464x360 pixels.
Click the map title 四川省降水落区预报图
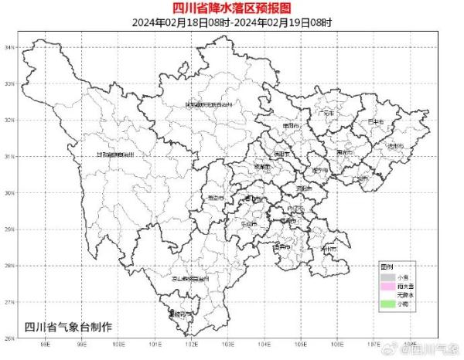click(232, 8)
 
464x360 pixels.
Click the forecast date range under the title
click(232, 22)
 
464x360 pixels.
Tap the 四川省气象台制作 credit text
click(69, 325)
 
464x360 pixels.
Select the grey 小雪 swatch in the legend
click(387, 276)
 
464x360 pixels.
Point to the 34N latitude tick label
click(9, 47)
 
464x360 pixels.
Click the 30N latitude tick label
click(9, 193)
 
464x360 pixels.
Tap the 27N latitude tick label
click(9, 302)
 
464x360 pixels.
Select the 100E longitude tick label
click(118, 347)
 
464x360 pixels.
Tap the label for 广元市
click(328, 113)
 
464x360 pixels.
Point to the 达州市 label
click(395, 145)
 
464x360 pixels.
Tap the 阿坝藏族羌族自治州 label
click(210, 104)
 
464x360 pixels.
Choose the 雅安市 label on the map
click(216, 199)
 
